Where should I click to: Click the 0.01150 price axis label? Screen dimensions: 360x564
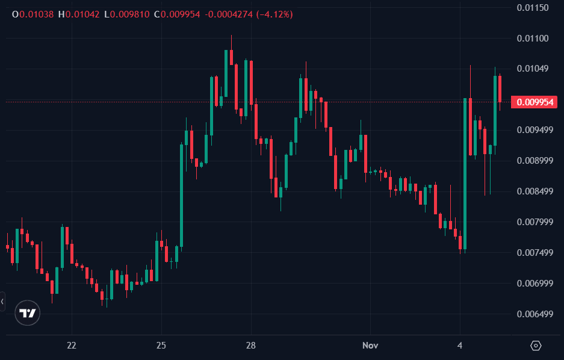pos(533,8)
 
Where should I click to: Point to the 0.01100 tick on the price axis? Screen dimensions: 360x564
pos(533,39)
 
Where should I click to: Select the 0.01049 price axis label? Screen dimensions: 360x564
pos(533,69)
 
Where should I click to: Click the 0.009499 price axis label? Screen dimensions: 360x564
pos(535,130)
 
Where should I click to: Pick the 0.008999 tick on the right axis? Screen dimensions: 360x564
pos(535,161)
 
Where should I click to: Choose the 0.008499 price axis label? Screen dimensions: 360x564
pos(535,191)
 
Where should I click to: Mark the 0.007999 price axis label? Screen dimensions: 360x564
pos(535,222)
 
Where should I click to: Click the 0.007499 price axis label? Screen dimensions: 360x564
pos(535,253)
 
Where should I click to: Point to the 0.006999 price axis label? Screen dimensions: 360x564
pos(535,284)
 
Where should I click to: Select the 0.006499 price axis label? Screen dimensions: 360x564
pos(535,314)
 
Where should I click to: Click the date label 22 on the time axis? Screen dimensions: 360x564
pos(72,346)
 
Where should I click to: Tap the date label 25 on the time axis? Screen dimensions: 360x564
pos(161,346)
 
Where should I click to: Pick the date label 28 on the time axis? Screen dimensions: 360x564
pos(251,346)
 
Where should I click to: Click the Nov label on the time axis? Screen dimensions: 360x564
pos(370,346)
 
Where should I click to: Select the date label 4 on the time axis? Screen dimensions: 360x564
pos(460,346)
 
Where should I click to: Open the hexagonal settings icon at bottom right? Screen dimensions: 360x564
pos(536,346)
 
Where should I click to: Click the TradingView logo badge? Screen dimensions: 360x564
pos(28,313)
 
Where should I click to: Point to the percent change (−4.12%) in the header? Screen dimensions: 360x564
pos(274,14)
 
